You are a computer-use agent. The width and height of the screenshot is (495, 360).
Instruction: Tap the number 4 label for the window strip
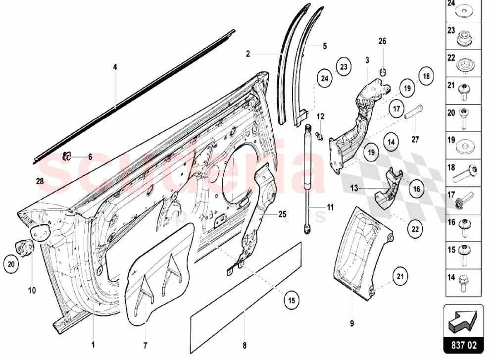(115, 66)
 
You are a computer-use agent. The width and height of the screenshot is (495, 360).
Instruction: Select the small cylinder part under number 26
(382, 72)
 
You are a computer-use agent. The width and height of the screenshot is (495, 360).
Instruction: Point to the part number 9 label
(352, 324)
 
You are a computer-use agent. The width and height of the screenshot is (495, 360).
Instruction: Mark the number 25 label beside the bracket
(282, 214)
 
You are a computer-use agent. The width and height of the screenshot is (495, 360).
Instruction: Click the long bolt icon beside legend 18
(466, 172)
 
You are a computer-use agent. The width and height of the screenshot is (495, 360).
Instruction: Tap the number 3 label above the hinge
(368, 60)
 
